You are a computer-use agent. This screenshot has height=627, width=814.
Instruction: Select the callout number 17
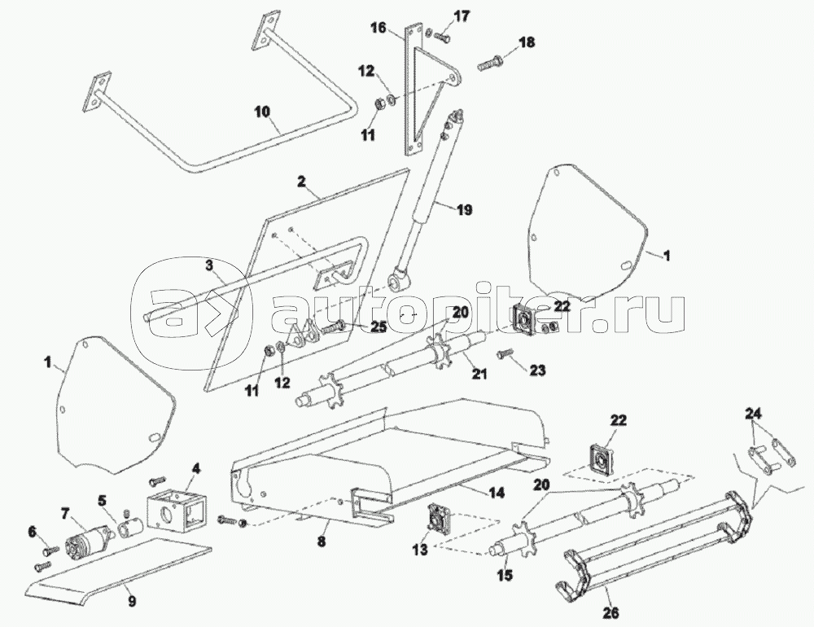[x=462, y=15]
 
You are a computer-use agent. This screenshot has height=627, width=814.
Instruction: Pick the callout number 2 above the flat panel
[x=301, y=182]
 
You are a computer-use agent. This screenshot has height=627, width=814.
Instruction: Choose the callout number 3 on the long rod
[x=209, y=265]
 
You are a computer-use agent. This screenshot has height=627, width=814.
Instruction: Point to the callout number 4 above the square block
[x=196, y=469]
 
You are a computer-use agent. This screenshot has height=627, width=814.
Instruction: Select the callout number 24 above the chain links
[x=754, y=412]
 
